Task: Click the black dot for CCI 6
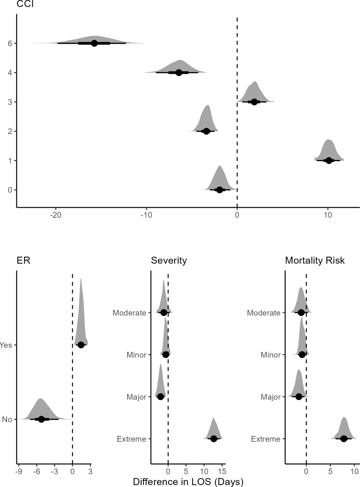[x=94, y=43]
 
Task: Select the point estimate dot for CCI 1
[x=329, y=160]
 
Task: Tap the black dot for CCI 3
[x=254, y=102]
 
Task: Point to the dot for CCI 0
[x=220, y=190]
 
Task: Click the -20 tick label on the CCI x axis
[x=55, y=215]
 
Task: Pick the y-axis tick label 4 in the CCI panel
[x=10, y=73]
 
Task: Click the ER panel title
[x=23, y=260]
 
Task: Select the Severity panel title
[x=169, y=260]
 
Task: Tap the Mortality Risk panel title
[x=315, y=260]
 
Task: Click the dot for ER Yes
[x=81, y=345]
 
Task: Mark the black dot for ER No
[x=41, y=419]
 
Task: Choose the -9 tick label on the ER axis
[x=18, y=472]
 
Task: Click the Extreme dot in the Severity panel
[x=214, y=439]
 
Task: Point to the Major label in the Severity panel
[x=136, y=397]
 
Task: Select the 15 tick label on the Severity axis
[x=222, y=472]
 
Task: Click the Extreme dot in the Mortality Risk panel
[x=344, y=439]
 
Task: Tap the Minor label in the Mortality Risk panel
[x=270, y=355]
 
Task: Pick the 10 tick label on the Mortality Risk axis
[x=354, y=472]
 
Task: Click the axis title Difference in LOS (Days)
[x=188, y=482]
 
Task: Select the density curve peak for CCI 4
[x=180, y=60]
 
